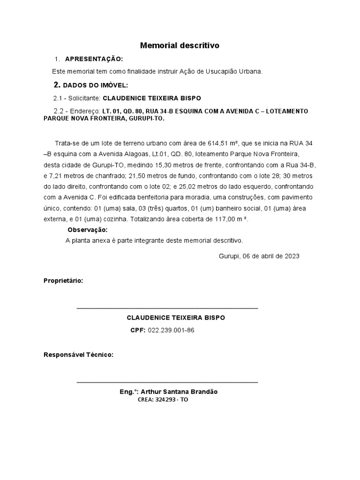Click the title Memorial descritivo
point(180,45)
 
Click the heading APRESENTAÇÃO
point(94,59)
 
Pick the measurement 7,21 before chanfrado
point(55,176)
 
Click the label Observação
point(88,230)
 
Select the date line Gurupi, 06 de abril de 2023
point(259,256)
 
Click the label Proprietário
point(63,281)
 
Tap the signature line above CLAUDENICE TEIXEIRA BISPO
point(167,308)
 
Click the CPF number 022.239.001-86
point(171,330)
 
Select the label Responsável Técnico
point(78,355)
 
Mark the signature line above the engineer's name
point(167,382)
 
